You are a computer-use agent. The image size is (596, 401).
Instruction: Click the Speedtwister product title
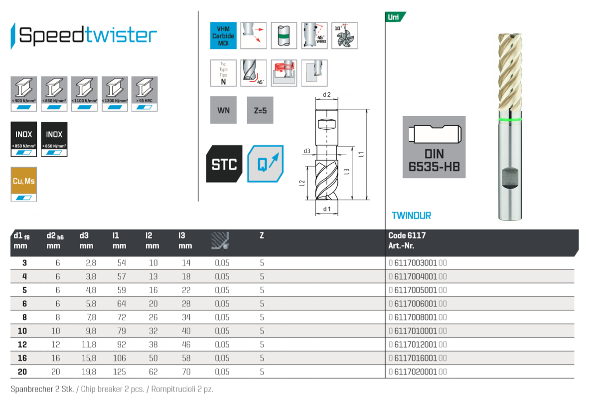coord(87,35)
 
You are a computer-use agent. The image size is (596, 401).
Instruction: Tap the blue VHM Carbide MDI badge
coord(223,35)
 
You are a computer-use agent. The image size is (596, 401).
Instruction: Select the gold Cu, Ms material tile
coord(23,184)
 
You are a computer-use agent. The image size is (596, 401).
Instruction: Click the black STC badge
coord(224,164)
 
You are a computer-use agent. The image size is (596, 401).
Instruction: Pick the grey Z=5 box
coord(260,110)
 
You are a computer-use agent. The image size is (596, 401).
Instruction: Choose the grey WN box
coord(223,110)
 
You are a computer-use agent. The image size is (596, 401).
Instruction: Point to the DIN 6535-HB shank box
coord(434,147)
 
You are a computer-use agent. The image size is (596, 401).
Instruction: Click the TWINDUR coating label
coord(411,215)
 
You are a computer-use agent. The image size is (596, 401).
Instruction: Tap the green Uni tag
coord(395,17)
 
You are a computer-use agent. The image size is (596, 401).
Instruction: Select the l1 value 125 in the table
coord(119,372)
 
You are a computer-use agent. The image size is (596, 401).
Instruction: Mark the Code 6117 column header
coord(407,235)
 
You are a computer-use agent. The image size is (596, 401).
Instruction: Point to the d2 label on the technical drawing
coord(327,95)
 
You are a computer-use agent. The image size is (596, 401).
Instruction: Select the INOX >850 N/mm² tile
coord(54,139)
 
